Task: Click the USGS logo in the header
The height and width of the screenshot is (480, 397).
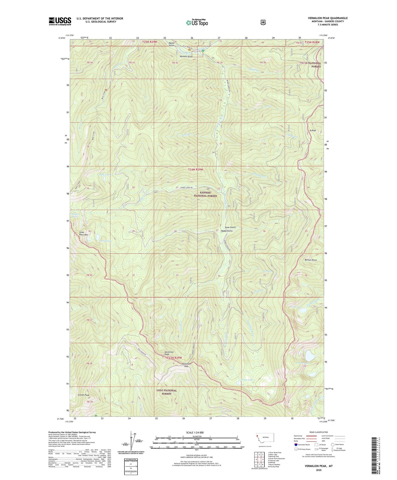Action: (60, 21)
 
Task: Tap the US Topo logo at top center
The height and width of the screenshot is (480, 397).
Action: (197, 23)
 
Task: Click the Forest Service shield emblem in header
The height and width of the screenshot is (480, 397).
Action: (263, 23)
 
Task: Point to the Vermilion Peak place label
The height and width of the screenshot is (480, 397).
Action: (169, 353)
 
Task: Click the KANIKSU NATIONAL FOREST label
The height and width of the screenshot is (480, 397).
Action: (205, 194)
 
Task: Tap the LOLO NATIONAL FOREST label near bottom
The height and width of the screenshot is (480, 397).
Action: (166, 392)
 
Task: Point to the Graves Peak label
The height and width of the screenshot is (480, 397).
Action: (84, 395)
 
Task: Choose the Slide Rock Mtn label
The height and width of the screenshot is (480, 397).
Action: (84, 233)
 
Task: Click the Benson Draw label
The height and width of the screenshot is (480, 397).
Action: (311, 260)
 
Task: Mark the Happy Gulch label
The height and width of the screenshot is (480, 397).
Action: (227, 231)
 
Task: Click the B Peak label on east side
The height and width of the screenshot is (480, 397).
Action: (313, 131)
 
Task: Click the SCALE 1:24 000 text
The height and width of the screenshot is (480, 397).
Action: (196, 432)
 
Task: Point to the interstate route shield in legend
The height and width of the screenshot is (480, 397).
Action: (296, 445)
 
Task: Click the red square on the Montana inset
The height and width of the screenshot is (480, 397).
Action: (257, 436)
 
